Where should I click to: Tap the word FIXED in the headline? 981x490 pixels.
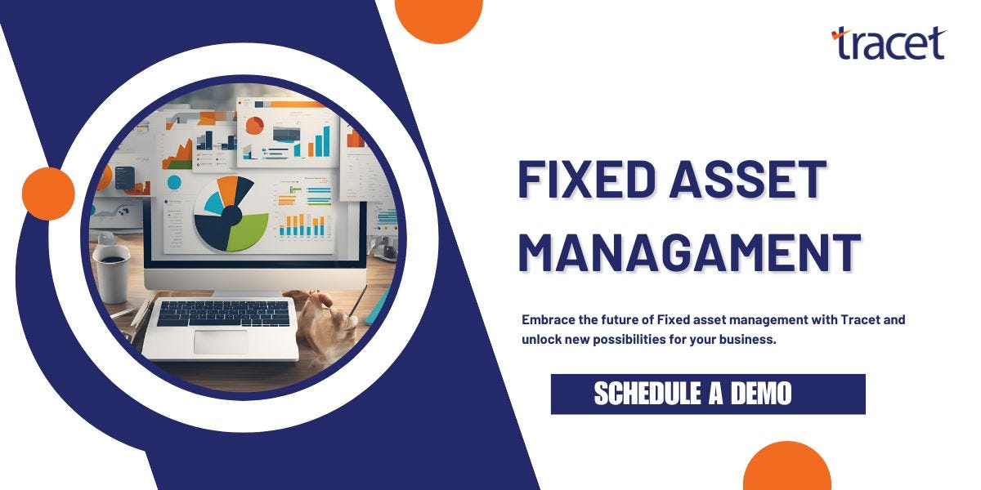tap(582, 180)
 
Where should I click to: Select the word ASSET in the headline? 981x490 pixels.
tap(748, 180)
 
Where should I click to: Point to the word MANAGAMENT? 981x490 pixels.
tap(689, 252)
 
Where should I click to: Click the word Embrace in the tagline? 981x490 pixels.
tap(547, 320)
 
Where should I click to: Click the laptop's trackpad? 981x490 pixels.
tap(220, 341)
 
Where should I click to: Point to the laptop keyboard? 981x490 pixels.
tap(222, 313)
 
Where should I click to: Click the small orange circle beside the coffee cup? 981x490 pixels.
tap(48, 194)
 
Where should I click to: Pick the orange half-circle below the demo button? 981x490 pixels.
tap(786, 469)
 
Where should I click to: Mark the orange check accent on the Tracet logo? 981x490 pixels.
tap(837, 34)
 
